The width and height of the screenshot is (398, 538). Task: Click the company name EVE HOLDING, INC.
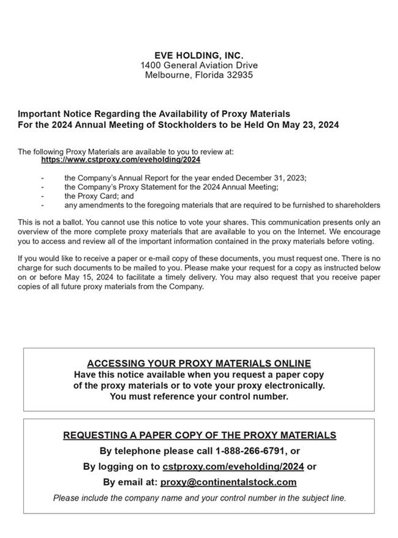(x=198, y=56)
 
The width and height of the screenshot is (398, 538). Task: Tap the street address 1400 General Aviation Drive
(x=198, y=65)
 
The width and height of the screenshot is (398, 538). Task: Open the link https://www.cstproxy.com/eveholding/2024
(x=121, y=160)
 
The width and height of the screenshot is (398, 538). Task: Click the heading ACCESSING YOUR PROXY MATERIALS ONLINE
(x=198, y=364)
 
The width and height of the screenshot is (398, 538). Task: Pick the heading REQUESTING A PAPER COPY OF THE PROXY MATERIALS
(x=199, y=435)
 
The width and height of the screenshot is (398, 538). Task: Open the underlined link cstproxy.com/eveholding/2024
(x=233, y=466)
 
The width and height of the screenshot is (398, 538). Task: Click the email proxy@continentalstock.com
(x=228, y=482)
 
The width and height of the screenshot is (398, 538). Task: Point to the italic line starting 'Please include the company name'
(x=199, y=498)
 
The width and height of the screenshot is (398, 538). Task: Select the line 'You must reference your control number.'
(x=198, y=397)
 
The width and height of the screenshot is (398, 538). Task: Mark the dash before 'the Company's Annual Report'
(x=42, y=177)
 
